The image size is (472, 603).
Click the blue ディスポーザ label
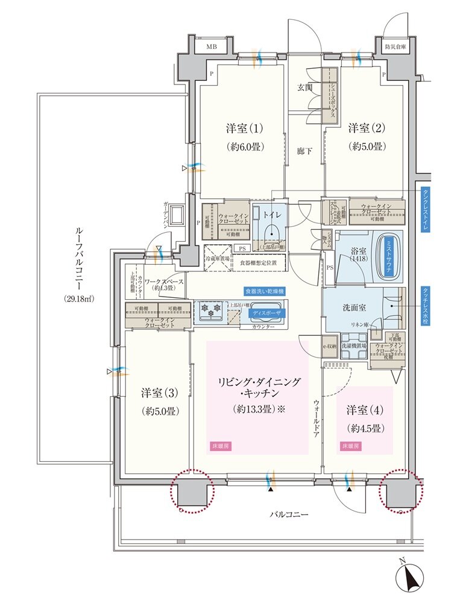pos(266,313)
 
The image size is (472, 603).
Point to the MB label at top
pos(212,46)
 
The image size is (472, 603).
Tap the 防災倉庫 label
pos(396,46)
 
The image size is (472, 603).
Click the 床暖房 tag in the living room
pos(220,447)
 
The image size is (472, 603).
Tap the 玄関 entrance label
pos(305,87)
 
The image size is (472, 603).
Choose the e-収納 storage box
pos(330,346)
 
